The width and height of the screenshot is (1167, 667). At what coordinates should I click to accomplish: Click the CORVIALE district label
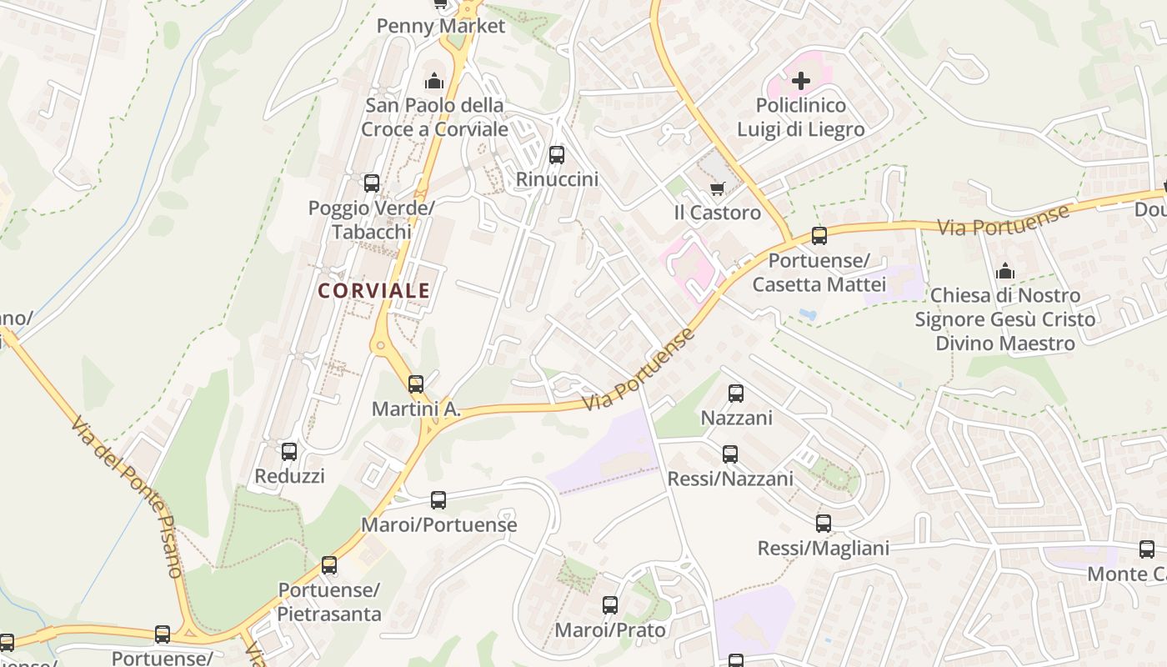coord(373,290)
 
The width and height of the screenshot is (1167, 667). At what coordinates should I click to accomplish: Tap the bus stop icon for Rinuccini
coord(557,155)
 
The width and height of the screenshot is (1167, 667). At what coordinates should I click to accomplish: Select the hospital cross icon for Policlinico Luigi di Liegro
coord(801,81)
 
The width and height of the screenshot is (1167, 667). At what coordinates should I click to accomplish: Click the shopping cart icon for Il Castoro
coord(718,188)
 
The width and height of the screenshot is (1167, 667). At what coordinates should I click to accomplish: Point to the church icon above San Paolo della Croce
coord(433,81)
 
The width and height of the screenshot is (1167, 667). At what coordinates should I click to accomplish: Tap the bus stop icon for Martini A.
coord(415,384)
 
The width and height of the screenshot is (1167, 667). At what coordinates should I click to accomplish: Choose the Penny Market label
coord(441,26)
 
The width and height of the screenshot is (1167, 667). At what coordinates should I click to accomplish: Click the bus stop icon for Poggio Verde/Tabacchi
coord(372,183)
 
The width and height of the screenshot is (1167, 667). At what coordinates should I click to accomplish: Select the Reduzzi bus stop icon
coord(289,452)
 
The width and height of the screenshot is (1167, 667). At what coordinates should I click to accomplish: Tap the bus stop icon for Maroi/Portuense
coord(438,500)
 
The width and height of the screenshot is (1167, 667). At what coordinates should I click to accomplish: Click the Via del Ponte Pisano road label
coord(127,497)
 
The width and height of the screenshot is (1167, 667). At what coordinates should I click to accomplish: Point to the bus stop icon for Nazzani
coord(736,394)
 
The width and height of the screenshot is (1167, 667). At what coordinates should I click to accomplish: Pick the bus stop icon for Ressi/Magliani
coord(824,524)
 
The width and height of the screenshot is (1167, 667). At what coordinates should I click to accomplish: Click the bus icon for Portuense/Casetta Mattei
coord(819,236)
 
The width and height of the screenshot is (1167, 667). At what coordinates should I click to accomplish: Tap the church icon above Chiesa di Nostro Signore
coord(1005,271)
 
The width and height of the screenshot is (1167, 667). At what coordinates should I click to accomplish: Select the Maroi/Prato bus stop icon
coord(610,605)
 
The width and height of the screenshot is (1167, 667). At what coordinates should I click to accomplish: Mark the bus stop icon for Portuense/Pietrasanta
coord(329,565)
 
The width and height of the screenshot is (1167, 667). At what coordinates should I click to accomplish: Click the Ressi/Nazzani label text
coord(730,479)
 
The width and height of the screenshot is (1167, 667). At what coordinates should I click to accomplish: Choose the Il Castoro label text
coord(718,213)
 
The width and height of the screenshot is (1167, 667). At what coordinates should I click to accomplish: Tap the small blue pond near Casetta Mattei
coord(806,314)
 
